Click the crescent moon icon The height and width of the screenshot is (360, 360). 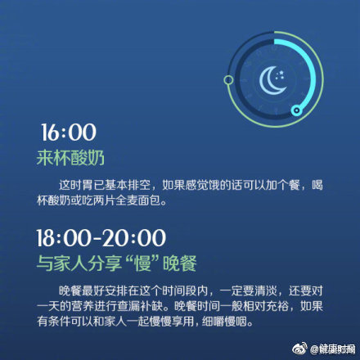pos(268,82)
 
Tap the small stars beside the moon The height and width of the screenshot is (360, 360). pos(280,75)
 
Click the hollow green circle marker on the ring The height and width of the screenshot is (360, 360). pos(228,80)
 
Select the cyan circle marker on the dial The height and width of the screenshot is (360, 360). pos(297,110)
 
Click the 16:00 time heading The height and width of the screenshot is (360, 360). pos(69,133)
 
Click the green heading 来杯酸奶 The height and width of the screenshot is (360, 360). pos(70,158)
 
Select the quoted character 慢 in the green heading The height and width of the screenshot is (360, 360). pos(143,263)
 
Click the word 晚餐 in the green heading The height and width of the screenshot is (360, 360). pos(180,263)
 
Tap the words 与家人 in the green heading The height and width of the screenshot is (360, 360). pos(62,263)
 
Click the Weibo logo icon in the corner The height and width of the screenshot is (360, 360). pos(300,349)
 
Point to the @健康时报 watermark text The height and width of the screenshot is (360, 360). pos(333,349)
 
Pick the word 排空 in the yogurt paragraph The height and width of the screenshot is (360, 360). pos(139,185)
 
